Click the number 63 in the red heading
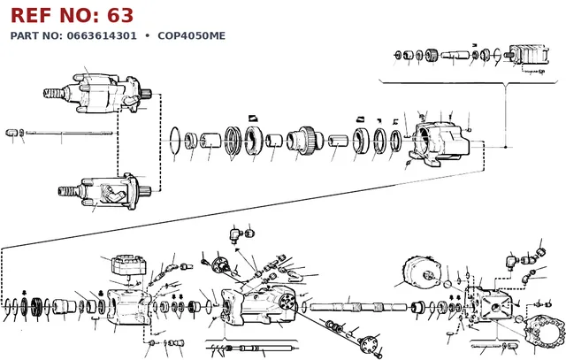[120, 16]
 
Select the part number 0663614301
[102, 35]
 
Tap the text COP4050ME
[191, 35]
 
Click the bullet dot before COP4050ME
[147, 35]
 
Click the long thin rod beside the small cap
[69, 133]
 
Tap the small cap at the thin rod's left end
[11, 133]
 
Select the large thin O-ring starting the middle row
[175, 140]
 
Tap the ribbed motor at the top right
[528, 55]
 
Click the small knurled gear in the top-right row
[432, 55]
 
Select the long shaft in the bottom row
[358, 308]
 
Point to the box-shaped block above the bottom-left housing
[129, 265]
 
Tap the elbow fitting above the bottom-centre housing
[235, 234]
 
